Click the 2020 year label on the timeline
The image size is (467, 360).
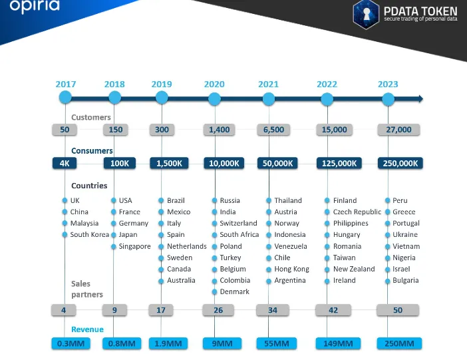[214, 85]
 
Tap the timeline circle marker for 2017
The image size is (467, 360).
[65, 97]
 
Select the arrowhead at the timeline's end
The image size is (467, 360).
[420, 98]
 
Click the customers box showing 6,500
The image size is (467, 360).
[273, 130]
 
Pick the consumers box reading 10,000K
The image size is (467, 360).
[224, 163]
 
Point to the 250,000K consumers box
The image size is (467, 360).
[400, 163]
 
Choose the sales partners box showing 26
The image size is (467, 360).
[218, 310]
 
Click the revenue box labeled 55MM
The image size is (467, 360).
[276, 343]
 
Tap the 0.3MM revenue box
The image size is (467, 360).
[71, 343]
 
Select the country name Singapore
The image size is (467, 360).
[134, 246]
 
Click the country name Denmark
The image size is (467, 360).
[234, 291]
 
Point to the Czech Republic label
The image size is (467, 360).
[357, 212]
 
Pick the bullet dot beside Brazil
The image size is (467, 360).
[161, 200]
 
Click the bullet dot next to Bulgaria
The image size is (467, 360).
[387, 281]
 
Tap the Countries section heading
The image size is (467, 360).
[89, 186]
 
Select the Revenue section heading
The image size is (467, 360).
[88, 329]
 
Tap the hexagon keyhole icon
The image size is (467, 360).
[366, 14]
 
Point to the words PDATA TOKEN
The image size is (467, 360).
[420, 11]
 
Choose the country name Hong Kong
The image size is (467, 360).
[291, 270]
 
